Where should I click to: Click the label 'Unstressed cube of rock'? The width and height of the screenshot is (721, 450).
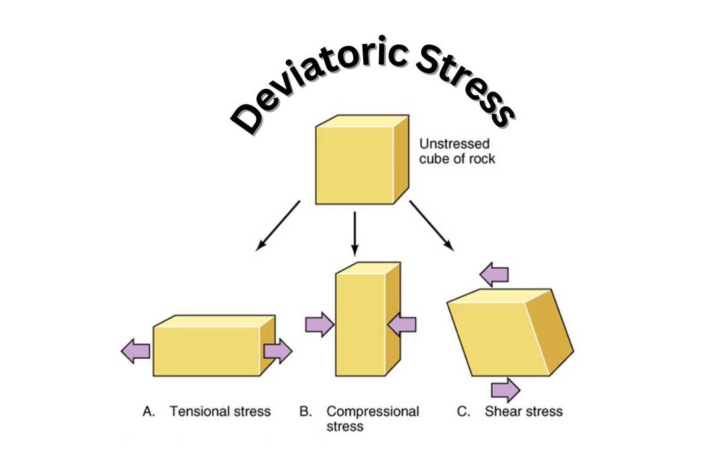(457, 151)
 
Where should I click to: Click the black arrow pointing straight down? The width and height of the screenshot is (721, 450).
(354, 233)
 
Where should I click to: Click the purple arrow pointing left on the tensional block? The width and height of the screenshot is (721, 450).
(136, 351)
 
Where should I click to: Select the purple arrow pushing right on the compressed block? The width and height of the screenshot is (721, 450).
(319, 325)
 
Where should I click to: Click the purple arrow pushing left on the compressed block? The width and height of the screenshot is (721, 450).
(402, 325)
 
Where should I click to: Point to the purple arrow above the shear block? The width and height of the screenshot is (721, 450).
(495, 273)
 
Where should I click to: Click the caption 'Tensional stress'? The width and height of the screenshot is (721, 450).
(220, 411)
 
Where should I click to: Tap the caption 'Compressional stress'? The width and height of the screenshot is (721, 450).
(372, 418)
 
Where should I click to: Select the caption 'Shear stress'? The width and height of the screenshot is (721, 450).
(524, 411)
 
